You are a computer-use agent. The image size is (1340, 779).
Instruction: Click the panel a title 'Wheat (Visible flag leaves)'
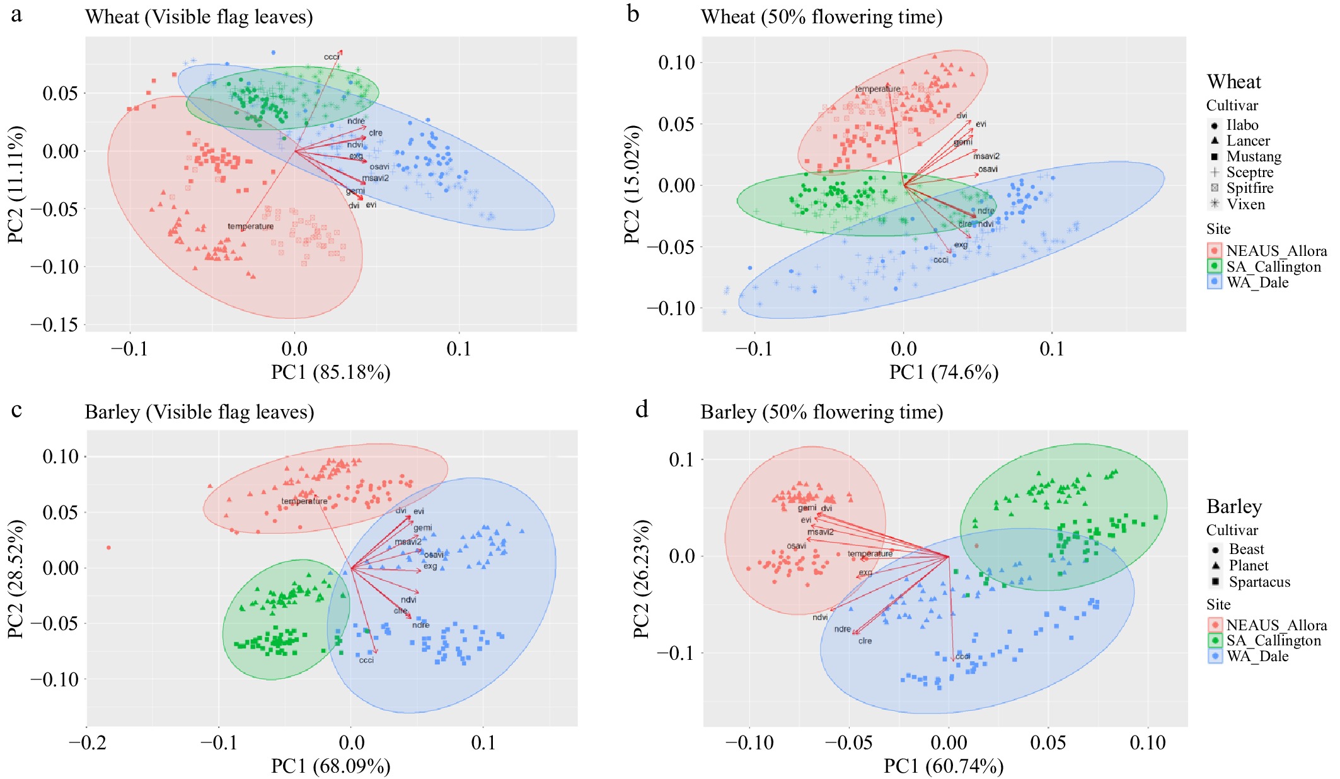pyautogui.click(x=199, y=17)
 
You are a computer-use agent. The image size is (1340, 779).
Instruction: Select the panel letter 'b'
pyautogui.click(x=633, y=14)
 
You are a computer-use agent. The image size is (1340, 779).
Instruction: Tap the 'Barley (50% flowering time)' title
pyautogui.click(x=821, y=412)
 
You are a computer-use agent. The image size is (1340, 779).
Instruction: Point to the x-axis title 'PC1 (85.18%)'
pyautogui.click(x=330, y=372)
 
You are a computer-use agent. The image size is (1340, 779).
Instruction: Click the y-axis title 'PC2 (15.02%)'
pyautogui.click(x=632, y=184)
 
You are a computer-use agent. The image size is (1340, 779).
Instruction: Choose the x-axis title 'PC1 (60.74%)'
pyautogui.click(x=943, y=766)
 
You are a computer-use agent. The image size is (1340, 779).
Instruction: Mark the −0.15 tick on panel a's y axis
pyautogui.click(x=55, y=325)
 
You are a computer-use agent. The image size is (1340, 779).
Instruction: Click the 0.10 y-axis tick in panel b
pyautogui.click(x=676, y=62)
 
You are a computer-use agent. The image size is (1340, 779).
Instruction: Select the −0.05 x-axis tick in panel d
pyautogui.click(x=849, y=742)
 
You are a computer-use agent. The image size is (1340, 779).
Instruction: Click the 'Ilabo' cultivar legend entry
pyautogui.click(x=1242, y=125)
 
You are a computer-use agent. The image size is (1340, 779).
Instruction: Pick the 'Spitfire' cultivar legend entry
pyautogui.click(x=1249, y=188)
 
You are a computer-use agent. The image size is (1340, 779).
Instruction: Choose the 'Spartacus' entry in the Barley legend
pyautogui.click(x=1259, y=582)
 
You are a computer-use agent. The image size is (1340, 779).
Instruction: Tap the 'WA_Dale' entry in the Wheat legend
pyautogui.click(x=1257, y=283)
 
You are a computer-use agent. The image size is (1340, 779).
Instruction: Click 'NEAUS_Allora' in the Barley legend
pyautogui.click(x=1276, y=625)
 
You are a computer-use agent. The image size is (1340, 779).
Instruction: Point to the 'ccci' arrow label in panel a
pyautogui.click(x=332, y=57)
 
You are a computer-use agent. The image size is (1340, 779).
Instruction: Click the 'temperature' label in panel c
pyautogui.click(x=304, y=502)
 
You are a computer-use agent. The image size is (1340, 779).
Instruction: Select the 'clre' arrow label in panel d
pyautogui.click(x=865, y=641)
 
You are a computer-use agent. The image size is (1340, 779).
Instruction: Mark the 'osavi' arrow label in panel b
pyautogui.click(x=988, y=169)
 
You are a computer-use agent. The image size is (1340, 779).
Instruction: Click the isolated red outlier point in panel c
pyautogui.click(x=108, y=548)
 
